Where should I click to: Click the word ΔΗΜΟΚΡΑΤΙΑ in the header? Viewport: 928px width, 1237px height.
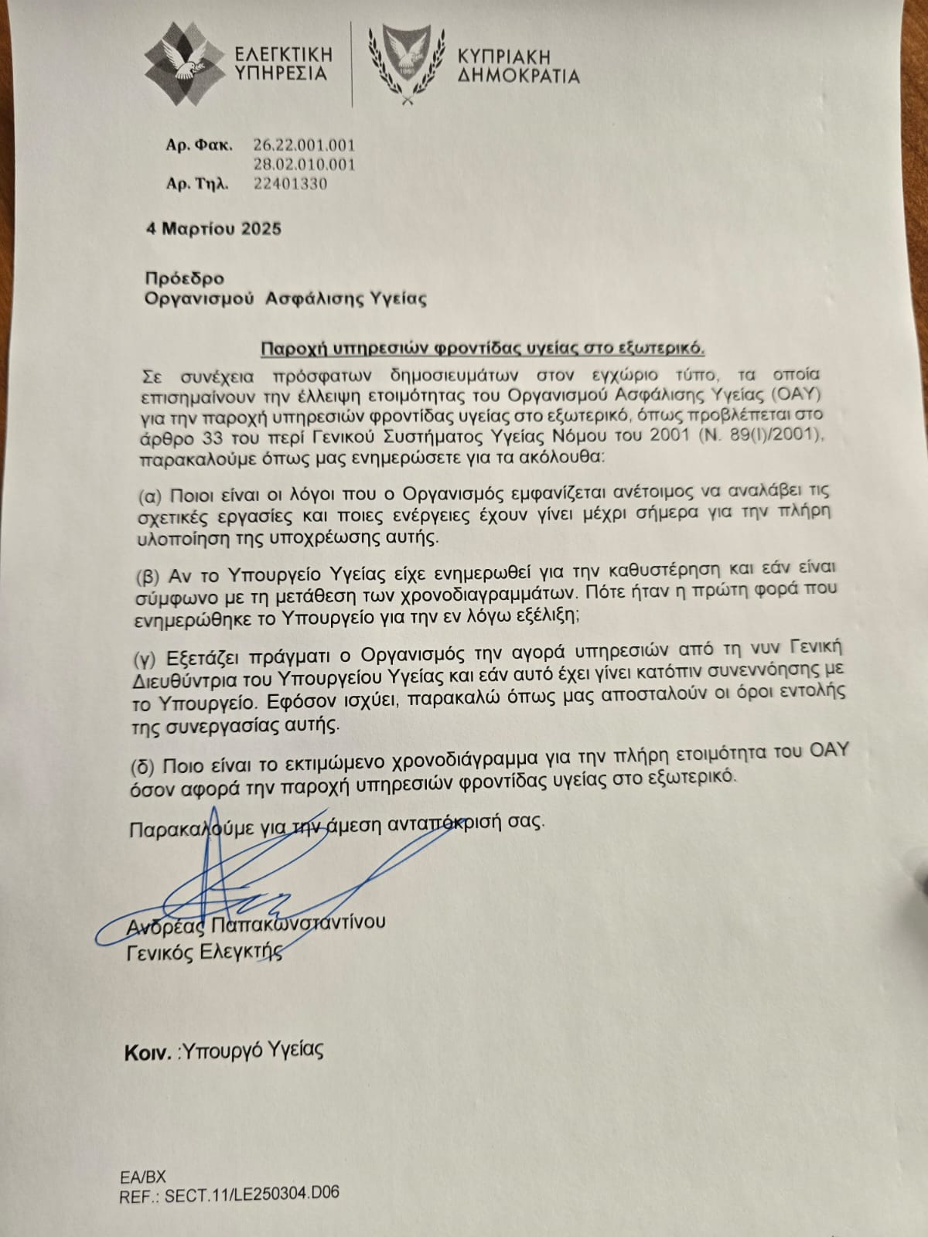click(518, 75)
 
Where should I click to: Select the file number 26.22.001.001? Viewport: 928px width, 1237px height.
click(304, 145)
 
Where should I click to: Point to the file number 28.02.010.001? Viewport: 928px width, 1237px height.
click(304, 164)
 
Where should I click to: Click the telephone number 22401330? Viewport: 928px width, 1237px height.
click(290, 184)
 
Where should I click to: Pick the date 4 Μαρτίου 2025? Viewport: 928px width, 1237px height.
click(214, 229)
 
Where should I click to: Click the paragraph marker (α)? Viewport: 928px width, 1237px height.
click(149, 494)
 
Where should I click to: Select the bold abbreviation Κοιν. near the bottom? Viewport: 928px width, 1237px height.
click(147, 1052)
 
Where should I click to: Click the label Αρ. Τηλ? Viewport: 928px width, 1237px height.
click(198, 185)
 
